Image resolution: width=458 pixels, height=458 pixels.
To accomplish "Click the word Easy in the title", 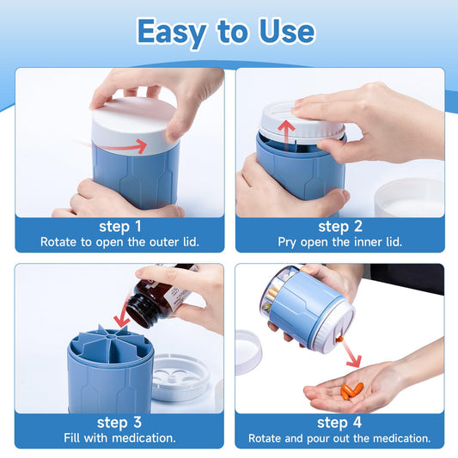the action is pyautogui.click(x=172, y=32).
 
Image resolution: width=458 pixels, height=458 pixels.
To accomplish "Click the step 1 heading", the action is pyautogui.click(x=120, y=227).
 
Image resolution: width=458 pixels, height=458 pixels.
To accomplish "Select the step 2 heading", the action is pyautogui.click(x=340, y=227).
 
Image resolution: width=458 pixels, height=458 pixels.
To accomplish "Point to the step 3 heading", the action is pyautogui.click(x=119, y=423).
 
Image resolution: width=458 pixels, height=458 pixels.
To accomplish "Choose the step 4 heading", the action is pyautogui.click(x=339, y=423).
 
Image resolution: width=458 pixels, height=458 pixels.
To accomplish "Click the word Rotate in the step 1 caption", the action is pyautogui.click(x=58, y=241).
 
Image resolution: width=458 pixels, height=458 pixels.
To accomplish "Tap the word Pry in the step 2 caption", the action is pyautogui.click(x=287, y=242).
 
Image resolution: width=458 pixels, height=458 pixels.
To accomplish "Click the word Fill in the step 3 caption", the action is pyautogui.click(x=72, y=438).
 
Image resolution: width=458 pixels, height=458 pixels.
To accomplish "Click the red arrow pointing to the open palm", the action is pyautogui.click(x=351, y=354).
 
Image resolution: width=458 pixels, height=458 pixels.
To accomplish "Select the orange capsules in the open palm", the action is pyautogui.click(x=352, y=391).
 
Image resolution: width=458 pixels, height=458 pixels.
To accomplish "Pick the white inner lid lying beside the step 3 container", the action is pyautogui.click(x=180, y=377).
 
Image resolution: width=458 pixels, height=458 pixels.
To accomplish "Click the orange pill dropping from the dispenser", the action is pyautogui.click(x=339, y=339).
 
